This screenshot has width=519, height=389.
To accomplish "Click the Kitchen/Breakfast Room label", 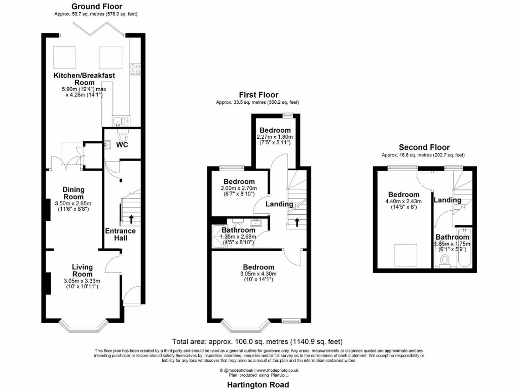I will (85, 79).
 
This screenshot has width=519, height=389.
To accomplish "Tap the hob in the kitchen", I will (135, 69).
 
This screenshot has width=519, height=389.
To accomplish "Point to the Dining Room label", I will (73, 193).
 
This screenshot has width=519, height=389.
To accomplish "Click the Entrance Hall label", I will (120, 235).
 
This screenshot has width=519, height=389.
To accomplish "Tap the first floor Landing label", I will (280, 204).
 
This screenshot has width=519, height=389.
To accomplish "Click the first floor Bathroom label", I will (239, 230).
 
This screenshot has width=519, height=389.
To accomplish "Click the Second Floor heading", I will (424, 147).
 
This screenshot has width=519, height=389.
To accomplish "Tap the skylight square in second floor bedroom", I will (406, 255).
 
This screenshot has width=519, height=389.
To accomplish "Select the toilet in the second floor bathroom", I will (445, 261).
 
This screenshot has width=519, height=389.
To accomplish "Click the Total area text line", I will (261, 341).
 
